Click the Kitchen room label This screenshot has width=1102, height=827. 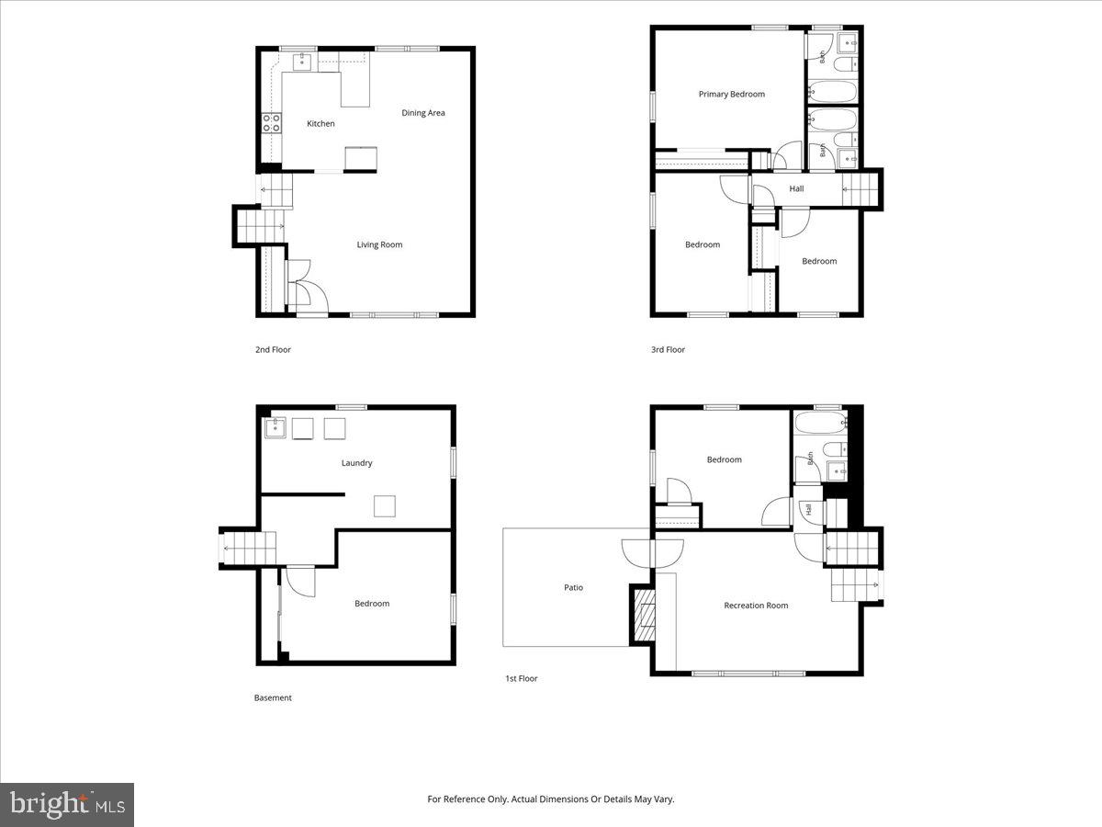(320, 123)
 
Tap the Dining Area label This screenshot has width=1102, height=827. (423, 113)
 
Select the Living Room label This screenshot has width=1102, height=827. (379, 245)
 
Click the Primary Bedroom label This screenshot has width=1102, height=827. (732, 95)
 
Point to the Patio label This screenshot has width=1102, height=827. (573, 587)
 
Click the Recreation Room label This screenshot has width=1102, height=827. (756, 606)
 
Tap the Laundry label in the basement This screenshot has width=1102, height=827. (357, 463)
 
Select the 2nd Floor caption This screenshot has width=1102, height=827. (273, 349)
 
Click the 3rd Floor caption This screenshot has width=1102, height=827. (668, 349)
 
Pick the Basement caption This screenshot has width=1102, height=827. (273, 697)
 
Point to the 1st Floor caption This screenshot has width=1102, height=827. (521, 678)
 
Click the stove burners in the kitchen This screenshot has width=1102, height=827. (271, 123)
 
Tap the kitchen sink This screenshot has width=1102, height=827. (302, 62)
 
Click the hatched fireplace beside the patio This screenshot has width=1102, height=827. (645, 615)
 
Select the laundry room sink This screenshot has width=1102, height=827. (275, 428)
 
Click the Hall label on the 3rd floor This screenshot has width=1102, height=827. (796, 188)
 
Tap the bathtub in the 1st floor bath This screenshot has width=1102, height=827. (821, 423)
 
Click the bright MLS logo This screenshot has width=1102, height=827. (67, 804)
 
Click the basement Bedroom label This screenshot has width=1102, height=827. (372, 604)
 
